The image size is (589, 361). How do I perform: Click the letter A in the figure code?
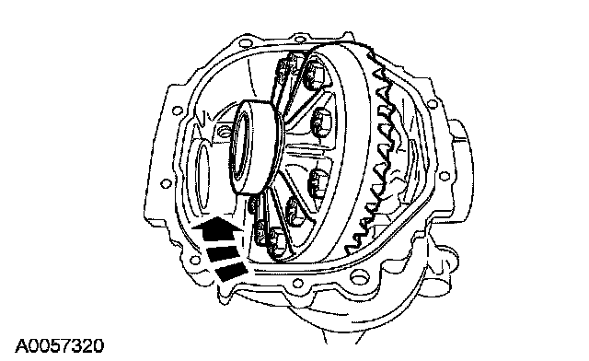pos(22,346)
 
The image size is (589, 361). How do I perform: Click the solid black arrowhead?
pos(217,227)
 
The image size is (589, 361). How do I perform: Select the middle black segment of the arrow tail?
pos(223,253)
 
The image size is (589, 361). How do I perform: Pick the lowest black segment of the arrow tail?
pos(231,272)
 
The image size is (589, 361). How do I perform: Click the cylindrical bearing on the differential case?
pos(256,146)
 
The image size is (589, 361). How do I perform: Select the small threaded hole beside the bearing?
pos(225,132)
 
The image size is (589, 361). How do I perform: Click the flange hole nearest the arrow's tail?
pos(194,260)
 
